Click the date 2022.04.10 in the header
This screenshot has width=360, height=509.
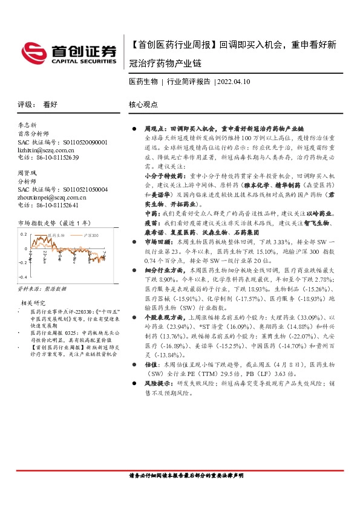point(233,80)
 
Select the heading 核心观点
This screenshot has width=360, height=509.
point(143,104)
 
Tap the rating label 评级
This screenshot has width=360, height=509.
point(25,104)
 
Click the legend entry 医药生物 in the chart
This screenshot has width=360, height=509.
point(56,234)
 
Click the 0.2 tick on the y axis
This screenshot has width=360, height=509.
point(25,234)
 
